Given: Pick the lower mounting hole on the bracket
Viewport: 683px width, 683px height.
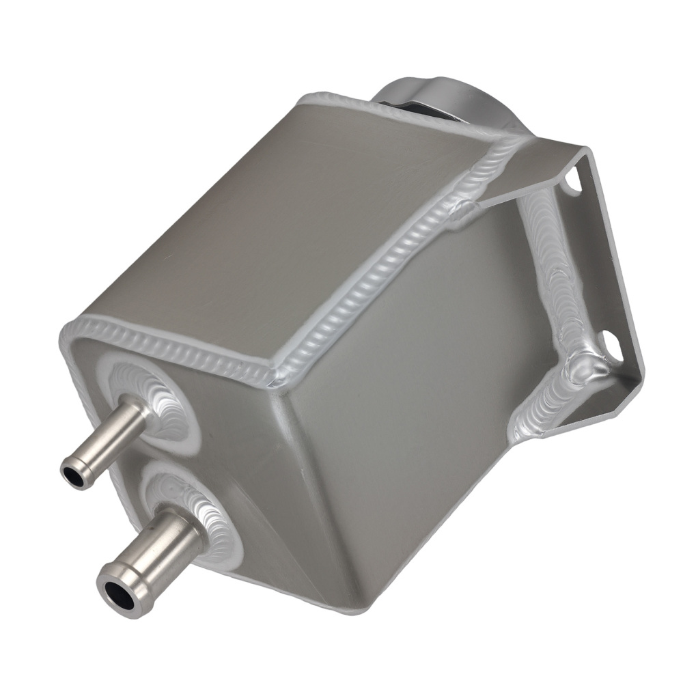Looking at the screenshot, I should pos(609,345).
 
